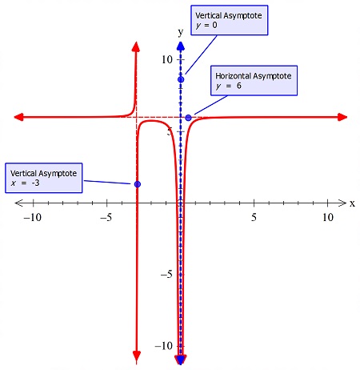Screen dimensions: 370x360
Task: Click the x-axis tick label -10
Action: (33, 218)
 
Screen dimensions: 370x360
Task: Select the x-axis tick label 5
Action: (254, 218)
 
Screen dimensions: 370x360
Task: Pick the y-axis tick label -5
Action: (166, 275)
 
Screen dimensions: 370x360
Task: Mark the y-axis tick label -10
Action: (164, 346)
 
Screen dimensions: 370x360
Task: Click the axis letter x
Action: (352, 203)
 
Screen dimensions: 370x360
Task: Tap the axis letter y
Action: (181, 31)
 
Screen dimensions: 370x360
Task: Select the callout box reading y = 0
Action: (230, 20)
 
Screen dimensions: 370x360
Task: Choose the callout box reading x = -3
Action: (44, 178)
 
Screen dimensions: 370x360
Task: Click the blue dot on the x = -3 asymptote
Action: (138, 184)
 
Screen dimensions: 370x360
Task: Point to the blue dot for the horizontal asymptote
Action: (189, 118)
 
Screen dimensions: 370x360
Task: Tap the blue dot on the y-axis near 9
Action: (181, 78)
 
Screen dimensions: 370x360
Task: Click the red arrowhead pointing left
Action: (18, 118)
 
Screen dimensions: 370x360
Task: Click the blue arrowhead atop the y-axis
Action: (181, 46)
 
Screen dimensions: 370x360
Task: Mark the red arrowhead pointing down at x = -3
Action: (136, 355)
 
